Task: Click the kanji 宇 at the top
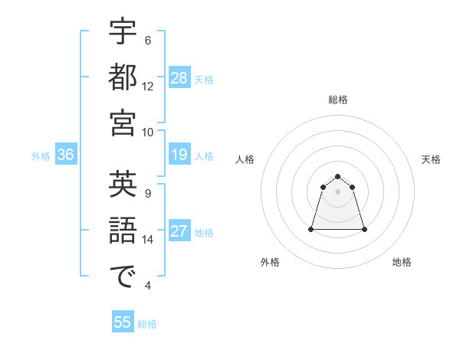(123, 31)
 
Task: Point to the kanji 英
(123, 185)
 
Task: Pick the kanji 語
(123, 231)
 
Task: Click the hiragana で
(123, 277)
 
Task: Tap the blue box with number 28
(179, 77)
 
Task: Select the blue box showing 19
(179, 155)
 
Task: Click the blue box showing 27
(179, 232)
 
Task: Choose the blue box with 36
(65, 155)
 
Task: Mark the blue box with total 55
(123, 322)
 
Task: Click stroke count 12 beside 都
(148, 86)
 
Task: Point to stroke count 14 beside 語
(148, 240)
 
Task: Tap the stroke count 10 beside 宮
(148, 131)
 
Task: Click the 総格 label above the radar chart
(337, 100)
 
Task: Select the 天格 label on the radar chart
(432, 159)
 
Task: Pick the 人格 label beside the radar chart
(245, 159)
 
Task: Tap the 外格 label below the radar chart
(270, 262)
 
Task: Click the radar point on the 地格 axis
(364, 229)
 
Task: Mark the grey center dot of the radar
(337, 191)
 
